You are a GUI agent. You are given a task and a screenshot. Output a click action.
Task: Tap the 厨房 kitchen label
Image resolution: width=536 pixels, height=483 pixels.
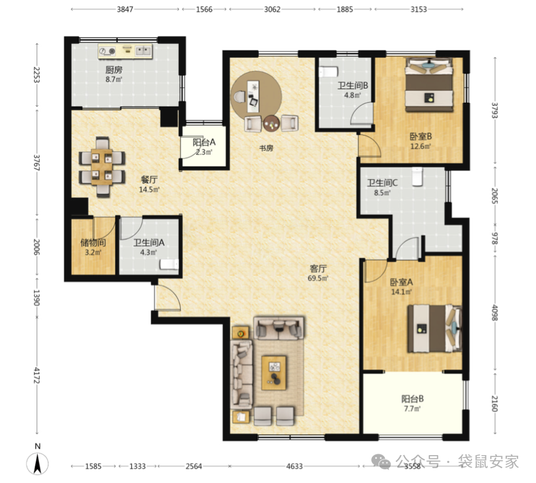[x=114, y=70]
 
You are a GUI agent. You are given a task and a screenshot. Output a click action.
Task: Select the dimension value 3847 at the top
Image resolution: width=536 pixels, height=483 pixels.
[x=125, y=9]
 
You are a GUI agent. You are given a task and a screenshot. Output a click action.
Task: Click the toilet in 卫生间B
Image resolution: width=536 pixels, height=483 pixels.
[x=329, y=72]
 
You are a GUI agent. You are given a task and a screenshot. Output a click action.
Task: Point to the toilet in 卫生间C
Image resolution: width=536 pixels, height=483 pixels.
[x=418, y=177]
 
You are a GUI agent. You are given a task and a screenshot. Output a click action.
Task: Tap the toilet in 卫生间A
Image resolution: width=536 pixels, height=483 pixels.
[x=169, y=264]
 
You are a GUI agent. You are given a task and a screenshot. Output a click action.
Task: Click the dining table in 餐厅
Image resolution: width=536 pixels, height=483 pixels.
[x=102, y=167]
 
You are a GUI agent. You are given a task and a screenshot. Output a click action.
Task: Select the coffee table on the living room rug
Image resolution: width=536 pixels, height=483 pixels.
[x=274, y=373]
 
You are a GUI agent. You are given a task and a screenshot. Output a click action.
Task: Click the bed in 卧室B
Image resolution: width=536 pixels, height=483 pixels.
[x=429, y=85]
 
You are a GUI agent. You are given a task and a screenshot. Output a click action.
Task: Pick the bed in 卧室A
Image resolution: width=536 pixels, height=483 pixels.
[x=434, y=329]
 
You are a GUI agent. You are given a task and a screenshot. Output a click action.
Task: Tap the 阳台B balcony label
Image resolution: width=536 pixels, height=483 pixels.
[x=413, y=399]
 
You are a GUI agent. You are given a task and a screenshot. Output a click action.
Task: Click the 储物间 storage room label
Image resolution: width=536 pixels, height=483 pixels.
[x=93, y=243]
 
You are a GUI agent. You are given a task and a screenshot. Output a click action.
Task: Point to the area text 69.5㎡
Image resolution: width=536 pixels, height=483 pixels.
[x=318, y=278]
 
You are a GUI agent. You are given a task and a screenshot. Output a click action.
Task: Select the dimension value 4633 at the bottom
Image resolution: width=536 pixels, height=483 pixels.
[x=294, y=466]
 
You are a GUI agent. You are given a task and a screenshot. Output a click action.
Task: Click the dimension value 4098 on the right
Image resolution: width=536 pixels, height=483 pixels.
[x=494, y=312]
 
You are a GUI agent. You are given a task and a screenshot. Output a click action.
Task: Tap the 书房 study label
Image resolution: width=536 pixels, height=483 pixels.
[x=266, y=148]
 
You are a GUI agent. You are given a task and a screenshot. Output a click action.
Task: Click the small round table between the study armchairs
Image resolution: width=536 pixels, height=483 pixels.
[x=272, y=123]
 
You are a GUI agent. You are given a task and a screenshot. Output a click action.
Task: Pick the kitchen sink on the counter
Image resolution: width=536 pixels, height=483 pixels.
[x=144, y=51]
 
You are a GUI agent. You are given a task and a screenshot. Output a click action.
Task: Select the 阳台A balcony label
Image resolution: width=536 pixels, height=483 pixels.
[x=204, y=143]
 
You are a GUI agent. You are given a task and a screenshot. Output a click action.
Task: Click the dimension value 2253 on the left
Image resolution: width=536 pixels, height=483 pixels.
[x=37, y=75]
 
